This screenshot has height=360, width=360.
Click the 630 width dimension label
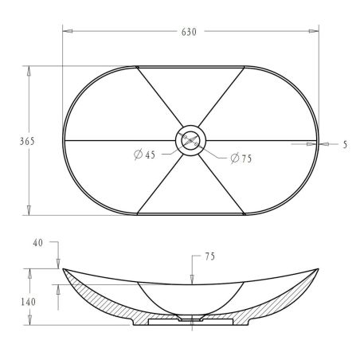[189, 32]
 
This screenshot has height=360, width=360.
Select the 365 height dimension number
[27, 141]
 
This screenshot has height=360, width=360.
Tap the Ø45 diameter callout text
[145, 155]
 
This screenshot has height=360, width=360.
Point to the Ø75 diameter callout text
[241, 158]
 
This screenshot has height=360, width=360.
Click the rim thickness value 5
[345, 145]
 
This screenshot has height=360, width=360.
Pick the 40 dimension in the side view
[37, 243]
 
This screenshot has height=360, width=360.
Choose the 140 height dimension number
[28, 302]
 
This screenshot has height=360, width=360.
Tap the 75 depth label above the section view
[209, 256]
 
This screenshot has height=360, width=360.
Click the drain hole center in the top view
[191, 140]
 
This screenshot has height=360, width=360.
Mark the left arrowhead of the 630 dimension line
[68, 31]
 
